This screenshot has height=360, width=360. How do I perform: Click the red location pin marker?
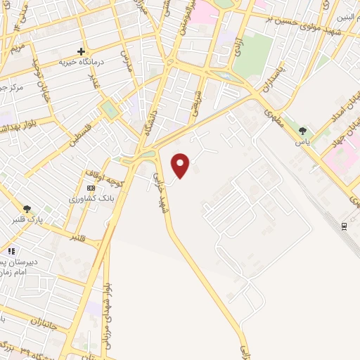point(181,165)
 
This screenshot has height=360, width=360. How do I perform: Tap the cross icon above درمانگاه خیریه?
point(82,51)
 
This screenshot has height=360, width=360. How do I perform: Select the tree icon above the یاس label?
point(303,131)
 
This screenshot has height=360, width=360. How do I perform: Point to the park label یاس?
point(303,141)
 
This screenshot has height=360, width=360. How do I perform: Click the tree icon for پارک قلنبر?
point(27,209)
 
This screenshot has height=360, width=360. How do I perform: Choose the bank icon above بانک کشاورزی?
point(91,188)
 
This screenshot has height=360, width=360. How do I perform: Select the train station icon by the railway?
point(345,226)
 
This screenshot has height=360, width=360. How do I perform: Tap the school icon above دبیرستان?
point(11,251)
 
